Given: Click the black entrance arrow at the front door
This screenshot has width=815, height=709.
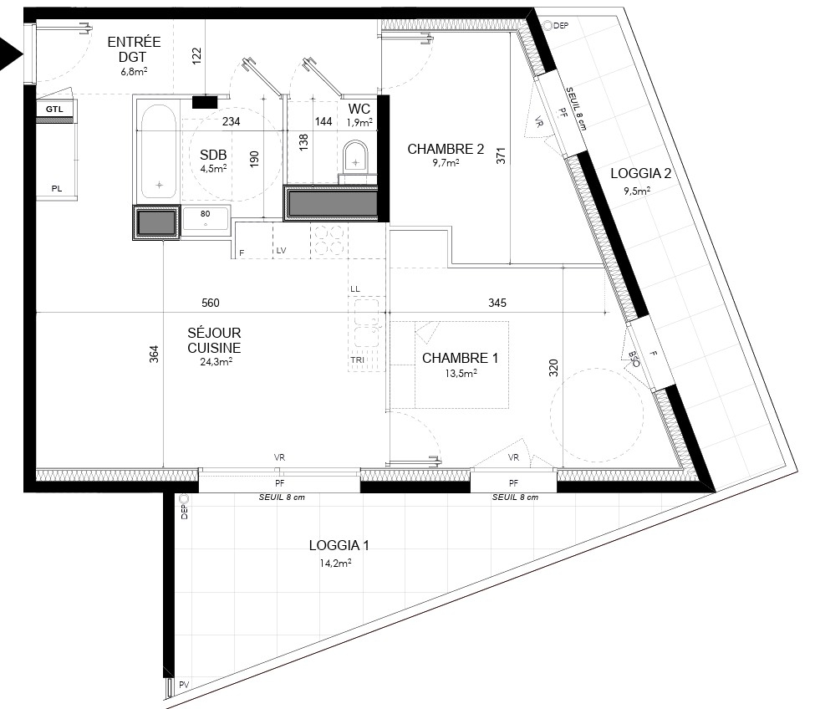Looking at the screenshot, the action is coord(9,53).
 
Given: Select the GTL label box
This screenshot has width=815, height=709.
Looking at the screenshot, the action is coord(54,110).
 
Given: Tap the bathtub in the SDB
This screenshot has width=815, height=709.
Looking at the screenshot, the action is coord(158,152).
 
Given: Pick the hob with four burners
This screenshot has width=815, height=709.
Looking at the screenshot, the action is coord(329,240).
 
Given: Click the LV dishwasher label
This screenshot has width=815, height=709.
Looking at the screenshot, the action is coord(281,251).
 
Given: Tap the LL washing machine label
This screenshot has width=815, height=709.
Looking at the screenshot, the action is coord(355,289).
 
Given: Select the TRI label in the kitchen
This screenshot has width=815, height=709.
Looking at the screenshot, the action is coord(357,360).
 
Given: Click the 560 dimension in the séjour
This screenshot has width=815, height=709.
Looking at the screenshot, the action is coord(211,303).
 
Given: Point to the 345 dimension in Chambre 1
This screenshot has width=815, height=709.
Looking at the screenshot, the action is coord(497,303).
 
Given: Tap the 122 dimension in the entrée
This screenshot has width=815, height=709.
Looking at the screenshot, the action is coord(196,56).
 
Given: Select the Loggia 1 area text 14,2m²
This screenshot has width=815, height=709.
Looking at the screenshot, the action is coord(336,563).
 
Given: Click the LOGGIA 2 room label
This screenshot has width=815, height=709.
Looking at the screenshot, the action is coord(641,174).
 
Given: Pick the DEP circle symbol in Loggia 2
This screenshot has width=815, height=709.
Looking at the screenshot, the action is coord(548,25).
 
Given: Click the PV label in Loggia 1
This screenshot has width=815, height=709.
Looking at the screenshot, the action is coord(184,685).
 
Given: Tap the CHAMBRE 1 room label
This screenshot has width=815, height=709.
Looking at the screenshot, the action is coord(460,358).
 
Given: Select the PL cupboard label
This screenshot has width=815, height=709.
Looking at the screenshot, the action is coord(57,189).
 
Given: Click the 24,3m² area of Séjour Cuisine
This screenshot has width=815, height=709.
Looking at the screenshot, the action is coord(216,362).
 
